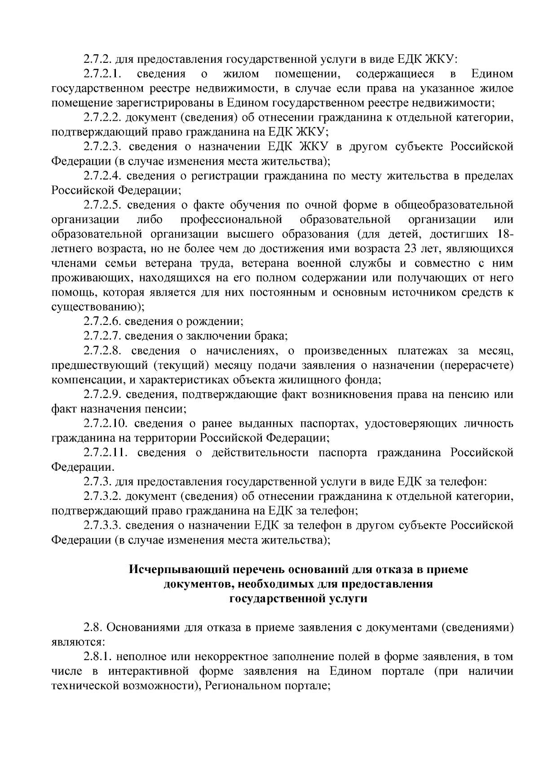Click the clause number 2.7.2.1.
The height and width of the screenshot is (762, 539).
[104, 74]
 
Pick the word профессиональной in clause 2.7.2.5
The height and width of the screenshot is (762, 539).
[231, 220]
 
